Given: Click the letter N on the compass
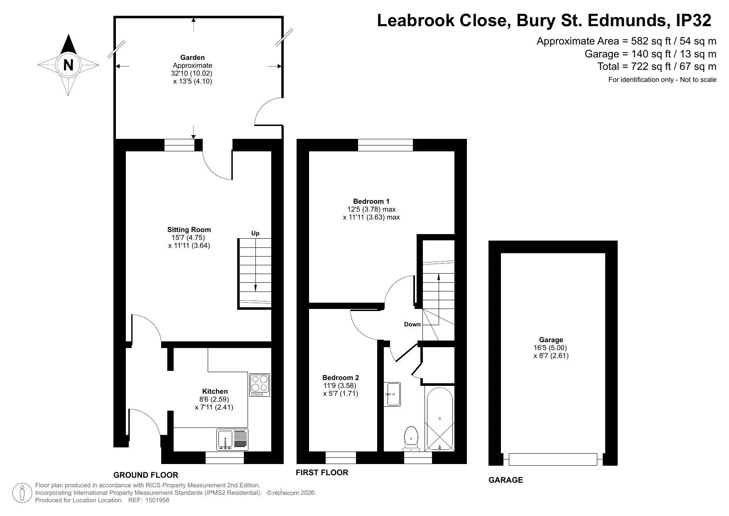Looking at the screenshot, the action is coord(68,65).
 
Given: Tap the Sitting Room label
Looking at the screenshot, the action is coord(189,230).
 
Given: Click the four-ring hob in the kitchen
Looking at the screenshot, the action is coord(260,385).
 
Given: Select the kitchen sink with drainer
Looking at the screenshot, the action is coord(232,439).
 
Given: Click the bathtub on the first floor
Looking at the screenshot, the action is coord(439,419).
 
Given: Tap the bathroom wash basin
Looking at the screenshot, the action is coord(392,394).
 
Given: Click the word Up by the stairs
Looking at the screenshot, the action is coord(255,233).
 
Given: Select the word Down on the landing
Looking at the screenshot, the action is coord(412,324).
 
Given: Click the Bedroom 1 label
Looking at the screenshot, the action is coord(371,201).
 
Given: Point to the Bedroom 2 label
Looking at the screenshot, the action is coord(341,378).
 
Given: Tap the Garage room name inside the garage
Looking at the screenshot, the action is coord(551,340).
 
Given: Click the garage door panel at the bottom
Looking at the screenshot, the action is coord(552,459).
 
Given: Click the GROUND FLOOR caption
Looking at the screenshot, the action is coord(146,475).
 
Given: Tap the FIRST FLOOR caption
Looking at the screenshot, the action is coord(322,472).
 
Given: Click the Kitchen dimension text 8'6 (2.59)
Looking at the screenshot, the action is coord(214,399).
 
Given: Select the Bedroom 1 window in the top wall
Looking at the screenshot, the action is coord(385,145).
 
